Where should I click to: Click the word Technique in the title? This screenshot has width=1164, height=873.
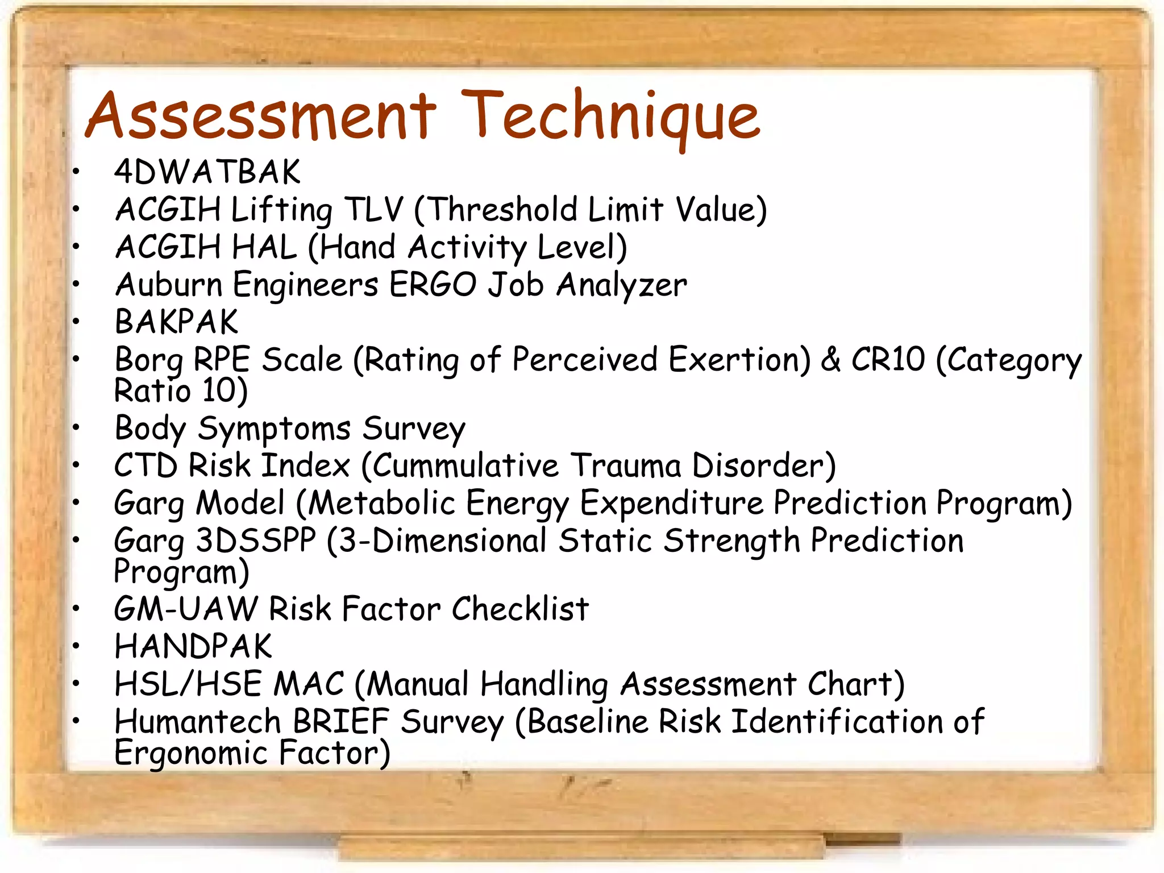pos(610,117)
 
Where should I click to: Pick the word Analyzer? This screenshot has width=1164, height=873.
pos(622,285)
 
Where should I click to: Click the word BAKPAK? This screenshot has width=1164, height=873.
pos(177,322)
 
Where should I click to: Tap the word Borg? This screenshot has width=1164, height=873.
pos(149,360)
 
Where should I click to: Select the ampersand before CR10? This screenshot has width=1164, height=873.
pos(830,360)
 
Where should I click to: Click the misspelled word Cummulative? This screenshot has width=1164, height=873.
pos(465,465)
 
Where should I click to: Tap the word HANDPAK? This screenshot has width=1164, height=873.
pos(193,646)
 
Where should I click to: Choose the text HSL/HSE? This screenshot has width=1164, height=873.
pos(188,684)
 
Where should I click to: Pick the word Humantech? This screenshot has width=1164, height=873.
pos(198,721)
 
